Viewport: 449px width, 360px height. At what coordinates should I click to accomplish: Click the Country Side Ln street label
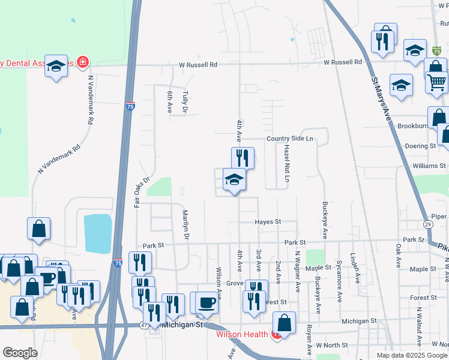pyautogui.click(x=290, y=139)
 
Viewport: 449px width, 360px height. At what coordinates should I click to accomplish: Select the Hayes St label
pyautogui.click(x=268, y=222)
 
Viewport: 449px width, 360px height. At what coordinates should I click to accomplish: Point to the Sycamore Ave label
pyautogui.click(x=340, y=280)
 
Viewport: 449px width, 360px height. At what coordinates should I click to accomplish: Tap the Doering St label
pyautogui.click(x=420, y=146)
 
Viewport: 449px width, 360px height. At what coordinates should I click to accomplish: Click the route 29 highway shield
pyautogui.click(x=427, y=224)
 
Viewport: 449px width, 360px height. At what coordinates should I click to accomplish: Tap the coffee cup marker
pyautogui.click(x=208, y=302)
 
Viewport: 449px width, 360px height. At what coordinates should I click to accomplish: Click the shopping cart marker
pyautogui.click(x=438, y=81)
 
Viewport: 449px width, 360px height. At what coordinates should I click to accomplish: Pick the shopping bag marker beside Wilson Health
pyautogui.click(x=285, y=322)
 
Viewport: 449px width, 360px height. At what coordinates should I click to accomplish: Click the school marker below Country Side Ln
pyautogui.click(x=234, y=179)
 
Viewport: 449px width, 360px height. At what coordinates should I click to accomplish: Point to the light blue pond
pyautogui.click(x=98, y=233)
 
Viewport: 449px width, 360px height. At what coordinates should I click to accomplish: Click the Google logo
pyautogui.click(x=20, y=353)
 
